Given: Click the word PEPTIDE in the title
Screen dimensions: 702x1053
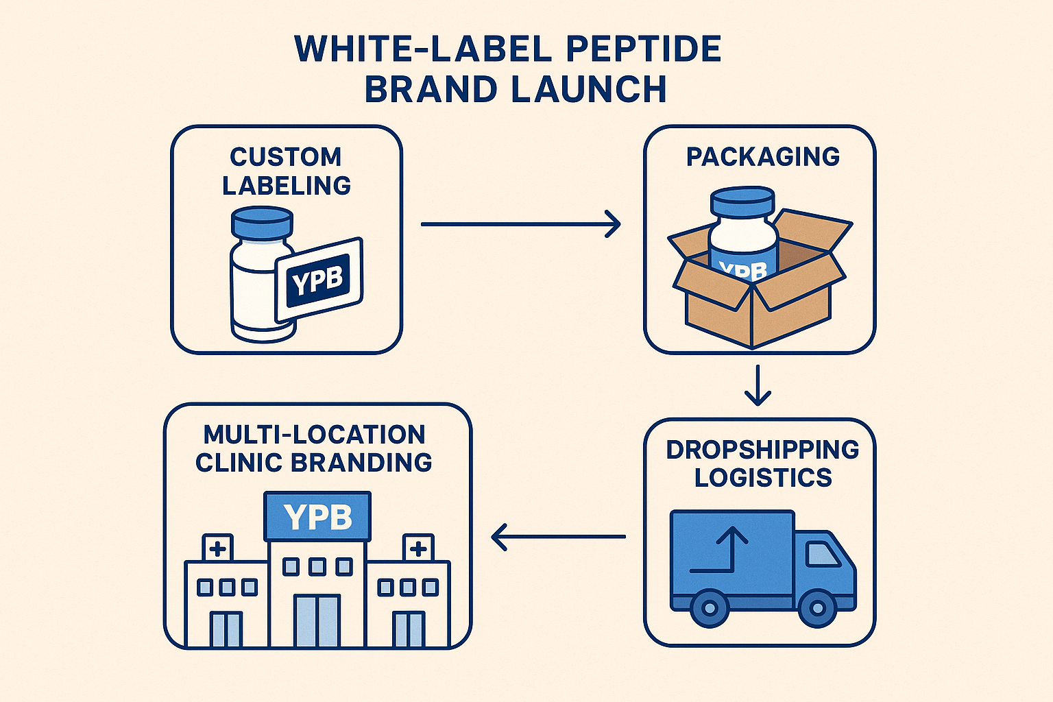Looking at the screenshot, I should pos(645,49).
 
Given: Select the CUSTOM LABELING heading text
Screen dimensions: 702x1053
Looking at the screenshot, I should pos(286,171).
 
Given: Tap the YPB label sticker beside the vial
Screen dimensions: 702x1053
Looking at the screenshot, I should pos(319,280).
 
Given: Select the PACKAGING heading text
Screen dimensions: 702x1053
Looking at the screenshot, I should pos(762,157).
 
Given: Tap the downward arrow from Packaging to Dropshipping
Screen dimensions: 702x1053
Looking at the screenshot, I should pos(757,385).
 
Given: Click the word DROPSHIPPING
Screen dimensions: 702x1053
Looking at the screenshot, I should pos(762,450).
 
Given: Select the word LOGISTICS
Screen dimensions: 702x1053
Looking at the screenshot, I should pos(762,478).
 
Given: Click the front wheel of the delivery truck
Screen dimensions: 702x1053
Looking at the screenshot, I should pos(817,607).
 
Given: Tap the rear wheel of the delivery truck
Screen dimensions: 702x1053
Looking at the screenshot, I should pos(710,607).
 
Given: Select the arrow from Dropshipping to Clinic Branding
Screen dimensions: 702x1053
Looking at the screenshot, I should pos(559,537).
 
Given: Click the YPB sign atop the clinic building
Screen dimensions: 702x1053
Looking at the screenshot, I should pos(317,517).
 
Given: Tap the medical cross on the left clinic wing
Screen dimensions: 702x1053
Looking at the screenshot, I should pos(218,548).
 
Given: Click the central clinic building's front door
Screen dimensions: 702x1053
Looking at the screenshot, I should pos(317,620).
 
